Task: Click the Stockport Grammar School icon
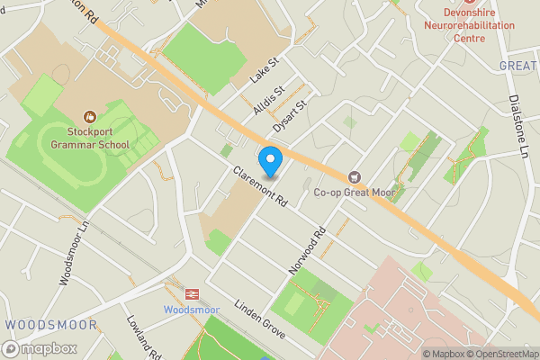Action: (90, 116)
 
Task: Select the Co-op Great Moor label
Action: (354, 192)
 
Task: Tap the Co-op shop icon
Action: (354, 176)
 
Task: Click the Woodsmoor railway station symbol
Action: (191, 293)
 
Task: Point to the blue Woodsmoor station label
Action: (191, 309)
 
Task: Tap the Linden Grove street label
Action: (260, 319)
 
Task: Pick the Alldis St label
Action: (269, 99)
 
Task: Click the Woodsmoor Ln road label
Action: (75, 254)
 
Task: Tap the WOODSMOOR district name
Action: (38, 324)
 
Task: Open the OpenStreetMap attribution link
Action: (500, 354)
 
